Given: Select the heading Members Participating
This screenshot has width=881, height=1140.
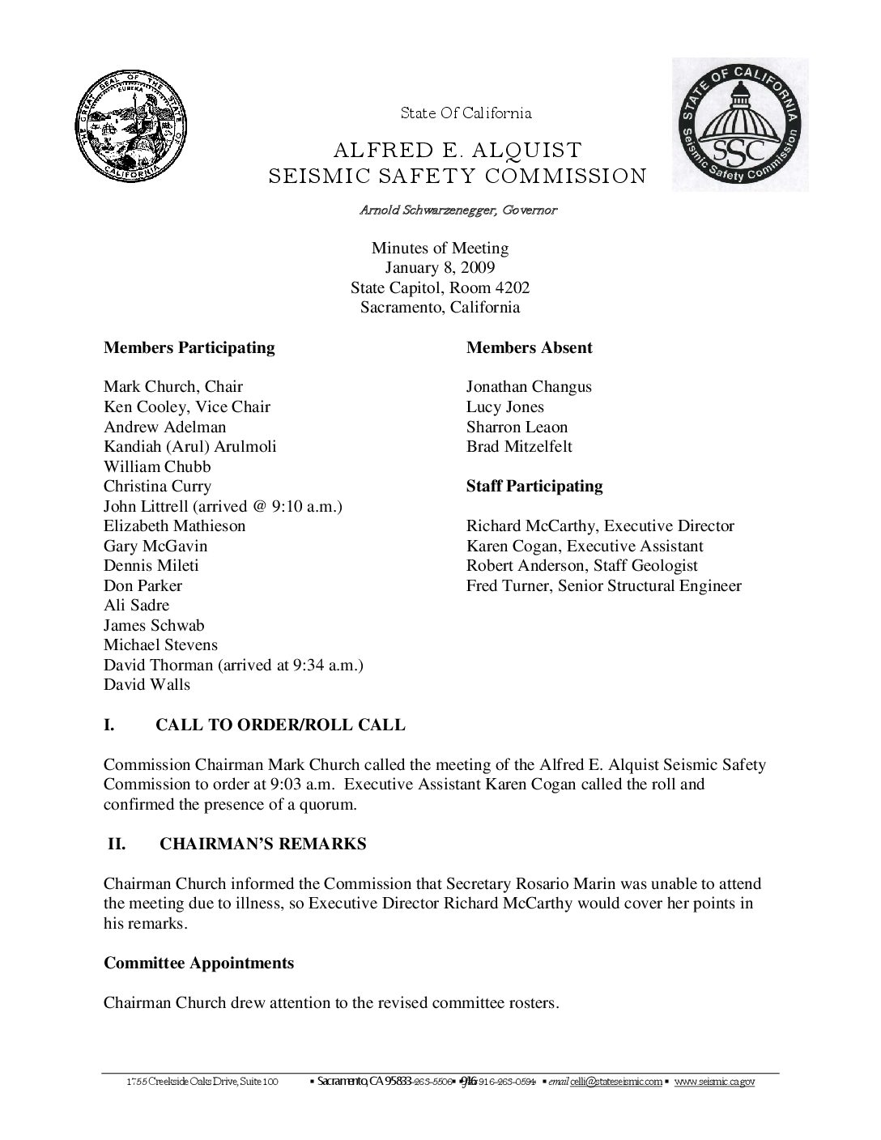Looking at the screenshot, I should pyautogui.click(x=189, y=348).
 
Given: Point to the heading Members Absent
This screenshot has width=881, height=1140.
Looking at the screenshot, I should pyautogui.click(x=529, y=348).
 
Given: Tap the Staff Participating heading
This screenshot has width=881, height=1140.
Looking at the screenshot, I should pyautogui.click(x=534, y=487).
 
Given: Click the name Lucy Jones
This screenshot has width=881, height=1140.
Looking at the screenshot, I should pyautogui.click(x=504, y=407).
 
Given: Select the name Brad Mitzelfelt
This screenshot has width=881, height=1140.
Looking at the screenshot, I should pyautogui.click(x=519, y=447).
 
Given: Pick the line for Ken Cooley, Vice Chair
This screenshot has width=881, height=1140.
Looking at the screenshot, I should pyautogui.click(x=186, y=407).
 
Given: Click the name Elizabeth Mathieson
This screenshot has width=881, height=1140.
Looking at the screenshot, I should pyautogui.click(x=174, y=526).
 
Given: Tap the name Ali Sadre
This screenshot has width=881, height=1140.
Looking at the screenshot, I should pyautogui.click(x=136, y=606).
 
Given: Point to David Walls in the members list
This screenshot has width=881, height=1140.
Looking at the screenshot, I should pyautogui.click(x=147, y=685).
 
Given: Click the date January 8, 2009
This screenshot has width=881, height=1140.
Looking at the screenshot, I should pyautogui.click(x=440, y=268).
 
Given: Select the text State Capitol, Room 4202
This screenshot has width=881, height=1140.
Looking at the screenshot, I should pyautogui.click(x=440, y=288).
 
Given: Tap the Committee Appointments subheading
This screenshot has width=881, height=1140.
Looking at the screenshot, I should pyautogui.click(x=198, y=963).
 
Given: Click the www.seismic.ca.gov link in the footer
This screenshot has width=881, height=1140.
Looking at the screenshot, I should pyautogui.click(x=714, y=1082).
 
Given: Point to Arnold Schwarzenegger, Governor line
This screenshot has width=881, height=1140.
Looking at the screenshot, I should pyautogui.click(x=458, y=211).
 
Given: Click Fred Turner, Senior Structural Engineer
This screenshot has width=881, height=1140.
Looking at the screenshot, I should pyautogui.click(x=603, y=586).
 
